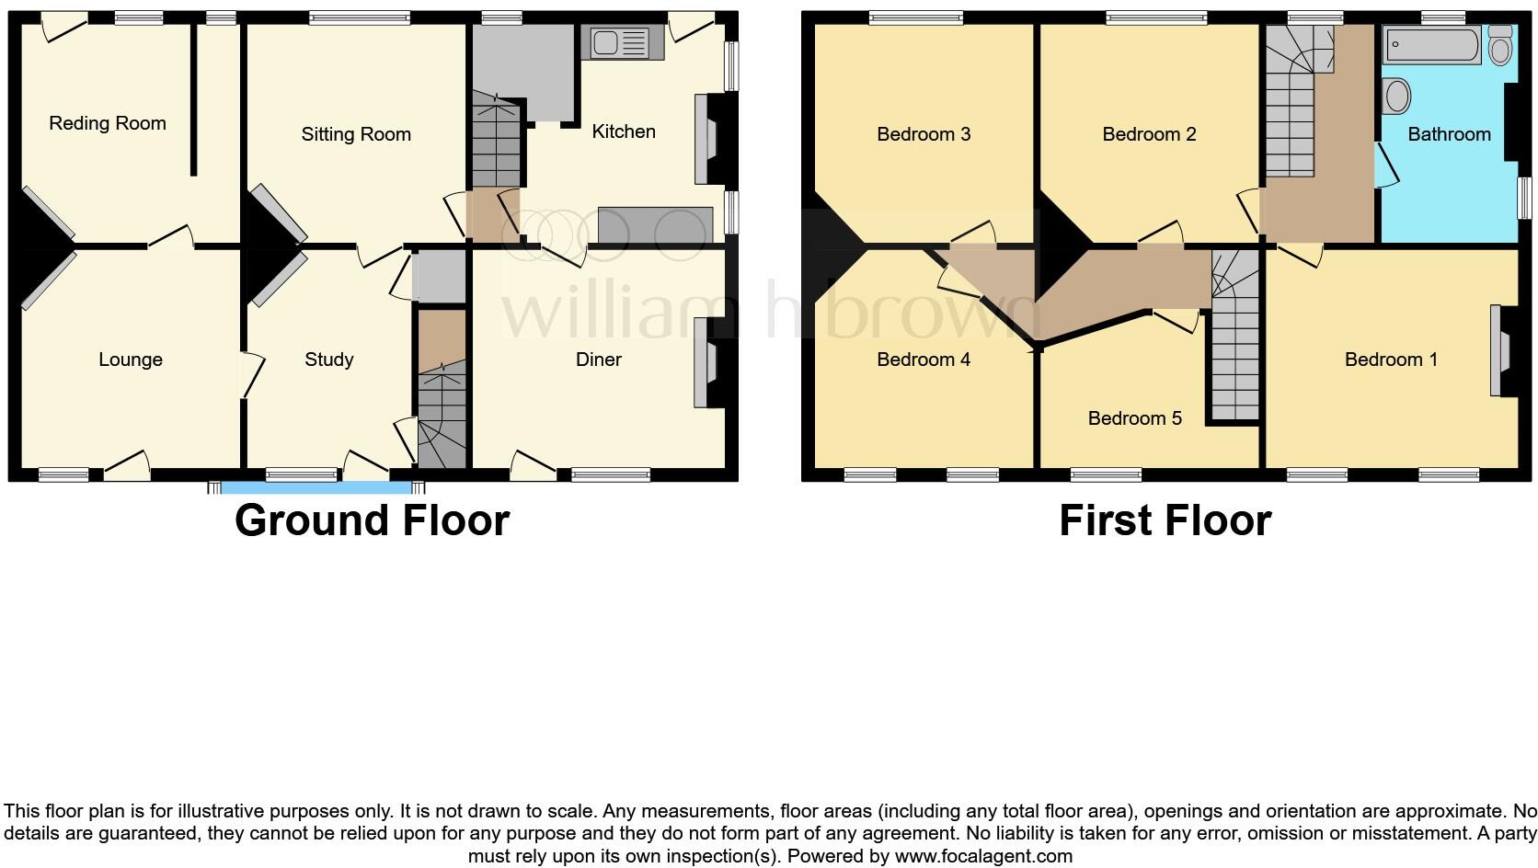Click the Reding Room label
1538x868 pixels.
pyautogui.click(x=108, y=123)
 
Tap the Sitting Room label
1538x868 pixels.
pyautogui.click(x=356, y=134)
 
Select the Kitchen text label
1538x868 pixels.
pyautogui.click(x=624, y=131)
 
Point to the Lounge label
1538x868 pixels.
pyautogui.click(x=131, y=360)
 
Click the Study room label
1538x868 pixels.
pyautogui.click(x=329, y=360)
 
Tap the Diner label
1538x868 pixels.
pyautogui.click(x=599, y=360)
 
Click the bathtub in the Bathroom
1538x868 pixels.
pyautogui.click(x=1431, y=44)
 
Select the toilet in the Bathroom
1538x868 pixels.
pyautogui.click(x=1500, y=44)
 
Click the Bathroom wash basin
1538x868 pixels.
pyautogui.click(x=1396, y=97)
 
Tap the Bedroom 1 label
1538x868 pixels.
pyautogui.click(x=1391, y=360)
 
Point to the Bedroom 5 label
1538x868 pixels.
pyautogui.click(x=1134, y=418)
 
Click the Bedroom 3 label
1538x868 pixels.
pyautogui.click(x=924, y=134)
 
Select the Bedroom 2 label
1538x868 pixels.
pyautogui.click(x=1149, y=134)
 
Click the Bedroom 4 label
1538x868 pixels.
pyautogui.click(x=924, y=360)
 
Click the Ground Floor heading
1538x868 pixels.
pyautogui.click(x=372, y=520)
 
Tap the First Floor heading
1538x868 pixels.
pyautogui.click(x=1165, y=520)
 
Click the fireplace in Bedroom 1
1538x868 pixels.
pyautogui.click(x=1501, y=351)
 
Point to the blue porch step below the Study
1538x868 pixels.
pyautogui.click(x=316, y=487)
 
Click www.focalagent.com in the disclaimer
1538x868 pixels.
pyautogui.click(x=982, y=856)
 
